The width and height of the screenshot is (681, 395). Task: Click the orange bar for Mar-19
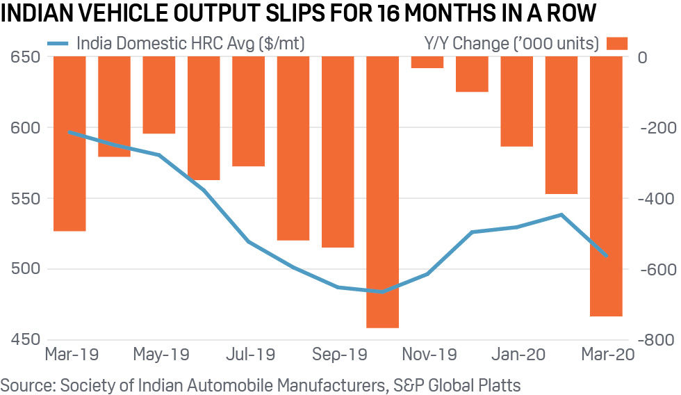point(69,143)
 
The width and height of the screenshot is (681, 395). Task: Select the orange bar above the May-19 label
point(158,95)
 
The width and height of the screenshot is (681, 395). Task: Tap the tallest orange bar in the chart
point(382,192)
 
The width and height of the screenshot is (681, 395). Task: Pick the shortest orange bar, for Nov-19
point(427,63)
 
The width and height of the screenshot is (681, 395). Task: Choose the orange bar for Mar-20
point(606,186)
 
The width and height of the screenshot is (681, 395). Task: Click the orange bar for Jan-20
point(516,102)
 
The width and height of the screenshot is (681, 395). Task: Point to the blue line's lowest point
point(381,291)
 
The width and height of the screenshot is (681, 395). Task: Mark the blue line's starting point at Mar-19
point(69,131)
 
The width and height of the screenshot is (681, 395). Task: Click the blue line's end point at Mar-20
point(606,256)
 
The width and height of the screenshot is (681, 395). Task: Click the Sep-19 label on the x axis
point(338,355)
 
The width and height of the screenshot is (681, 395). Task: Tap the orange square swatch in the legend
point(617,44)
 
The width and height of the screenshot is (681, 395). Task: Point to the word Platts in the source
point(498,384)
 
